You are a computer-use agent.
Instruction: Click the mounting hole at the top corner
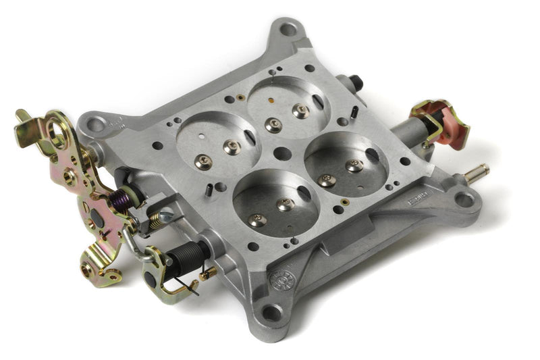pos(288,28)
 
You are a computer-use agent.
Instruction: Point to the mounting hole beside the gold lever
pos(96,124)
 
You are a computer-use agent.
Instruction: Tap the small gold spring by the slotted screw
pos(155,218)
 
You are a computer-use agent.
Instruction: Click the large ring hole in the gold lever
pos(55,140)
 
